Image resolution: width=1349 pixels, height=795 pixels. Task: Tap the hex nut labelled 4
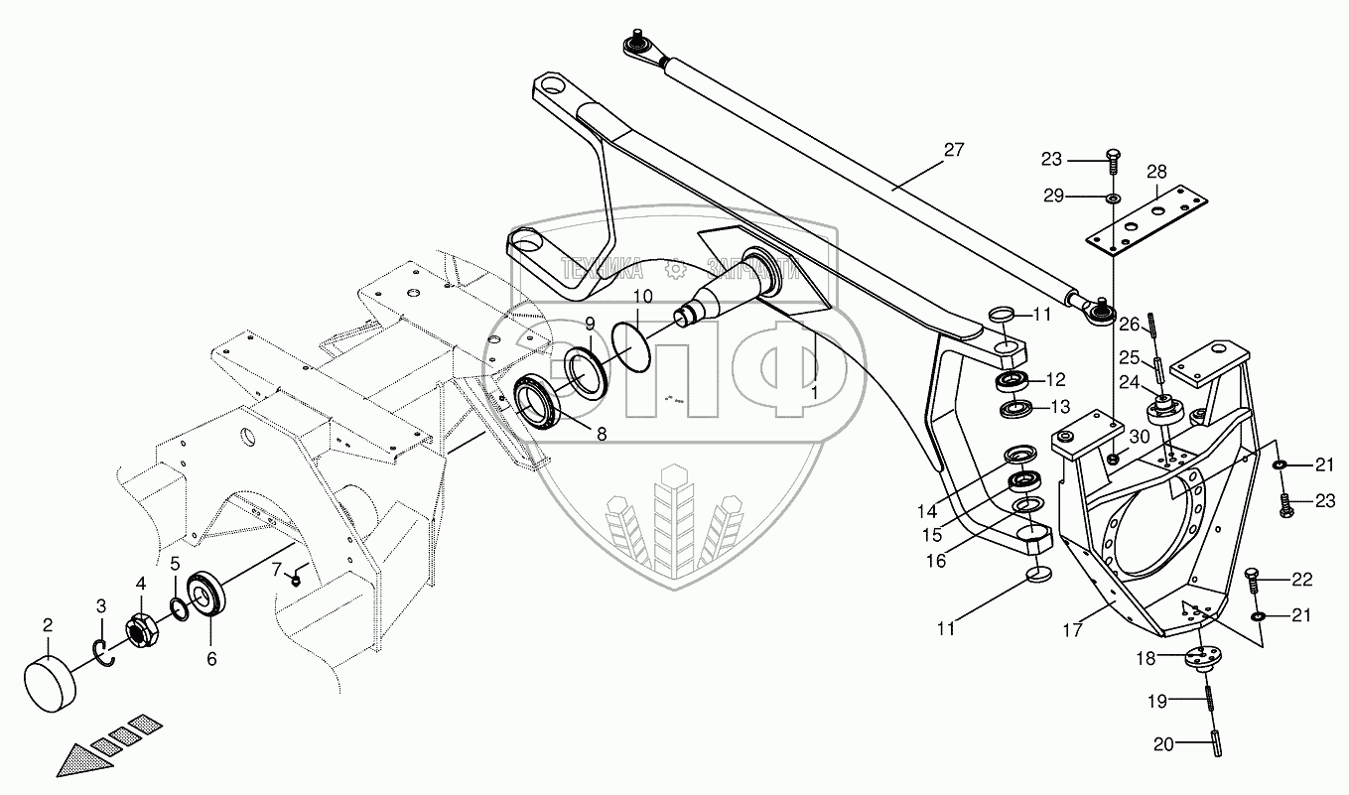tap(140, 629)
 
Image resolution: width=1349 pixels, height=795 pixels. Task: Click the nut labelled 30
tap(1114, 458)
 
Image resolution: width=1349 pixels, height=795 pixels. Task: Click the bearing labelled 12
tap(1011, 381)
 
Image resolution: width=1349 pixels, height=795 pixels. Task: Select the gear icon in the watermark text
tap(674, 267)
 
